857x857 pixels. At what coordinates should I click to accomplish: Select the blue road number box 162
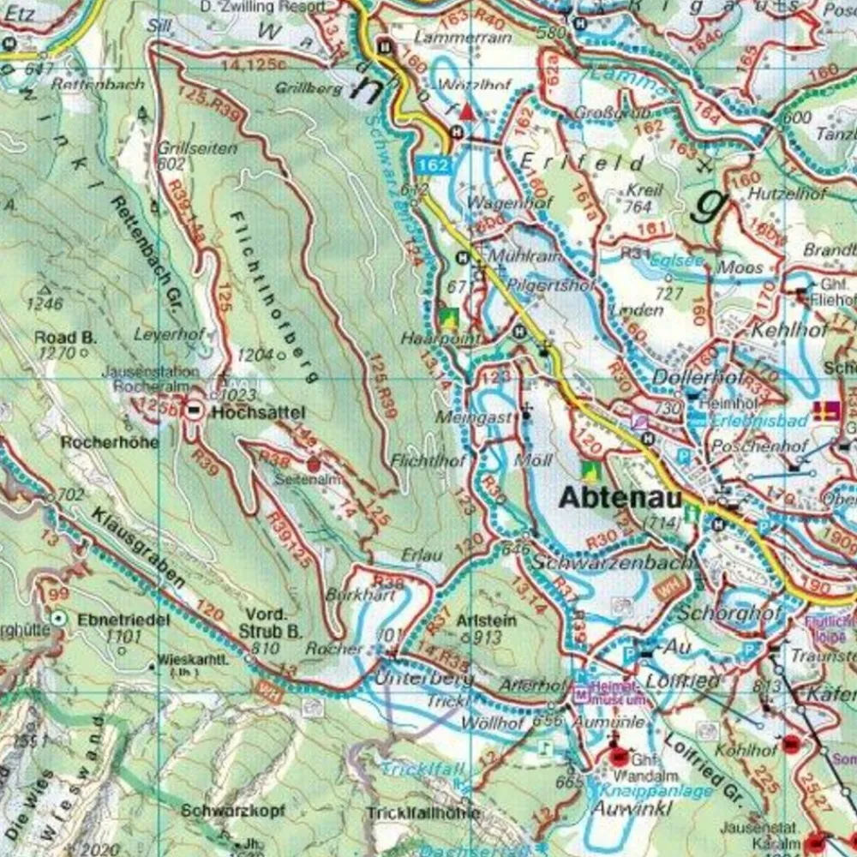click(435, 165)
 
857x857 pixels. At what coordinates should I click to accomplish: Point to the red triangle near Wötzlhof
click(466, 111)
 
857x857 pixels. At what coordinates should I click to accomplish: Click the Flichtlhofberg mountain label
click(273, 296)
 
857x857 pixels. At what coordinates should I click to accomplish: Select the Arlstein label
click(488, 620)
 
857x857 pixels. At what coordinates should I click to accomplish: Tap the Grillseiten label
click(197, 148)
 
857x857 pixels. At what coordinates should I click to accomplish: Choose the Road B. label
click(65, 338)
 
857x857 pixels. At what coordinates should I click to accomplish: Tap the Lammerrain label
click(451, 38)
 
